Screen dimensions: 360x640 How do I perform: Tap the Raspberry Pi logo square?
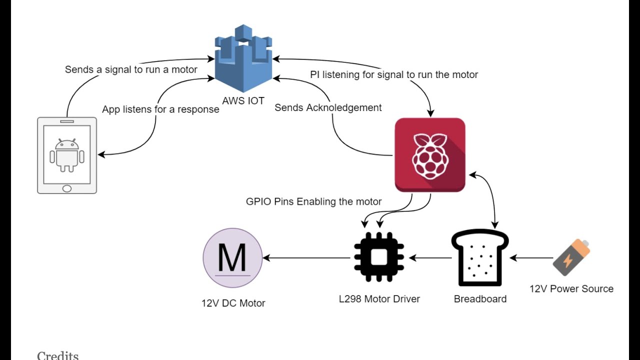(430, 154)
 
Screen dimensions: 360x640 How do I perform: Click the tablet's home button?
(66, 188)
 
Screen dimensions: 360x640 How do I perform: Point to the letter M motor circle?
(232, 258)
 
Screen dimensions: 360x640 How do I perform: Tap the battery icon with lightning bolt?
(571, 257)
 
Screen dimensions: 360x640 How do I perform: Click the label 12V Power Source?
(571, 288)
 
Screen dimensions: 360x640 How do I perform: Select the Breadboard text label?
(480, 299)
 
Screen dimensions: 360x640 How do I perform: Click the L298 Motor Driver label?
(379, 299)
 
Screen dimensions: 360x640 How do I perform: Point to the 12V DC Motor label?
(233, 303)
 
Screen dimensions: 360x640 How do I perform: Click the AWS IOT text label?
(243, 100)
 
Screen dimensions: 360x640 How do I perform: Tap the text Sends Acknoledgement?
(328, 107)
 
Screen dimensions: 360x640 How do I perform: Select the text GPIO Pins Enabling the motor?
(313, 201)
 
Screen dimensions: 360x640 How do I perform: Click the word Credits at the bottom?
(57, 355)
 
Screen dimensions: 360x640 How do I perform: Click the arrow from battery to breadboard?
(531, 258)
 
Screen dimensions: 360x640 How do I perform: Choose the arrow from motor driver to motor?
(306, 258)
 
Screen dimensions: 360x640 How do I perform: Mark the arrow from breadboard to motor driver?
(430, 258)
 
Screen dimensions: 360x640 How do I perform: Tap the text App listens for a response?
(160, 109)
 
